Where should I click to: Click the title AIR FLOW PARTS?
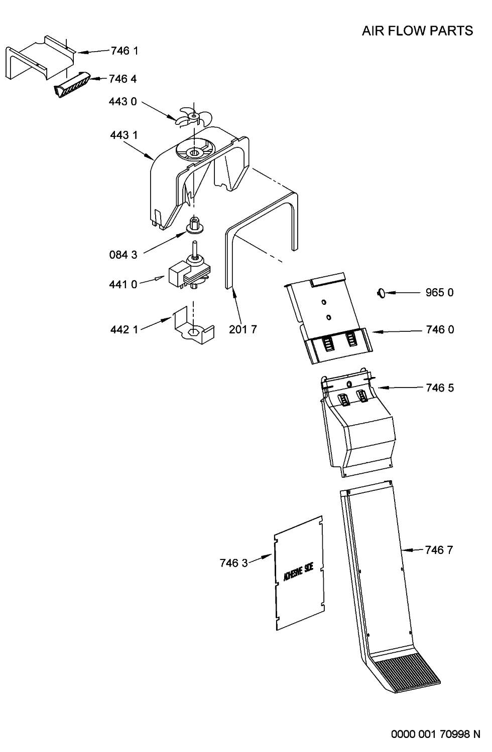click(x=417, y=31)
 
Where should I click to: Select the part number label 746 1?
click(x=125, y=51)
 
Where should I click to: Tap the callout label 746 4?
click(x=122, y=79)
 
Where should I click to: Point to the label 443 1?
click(x=124, y=135)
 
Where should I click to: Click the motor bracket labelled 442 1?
click(x=193, y=326)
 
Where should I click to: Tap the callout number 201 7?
click(x=243, y=330)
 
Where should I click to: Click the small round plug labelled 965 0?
click(x=382, y=293)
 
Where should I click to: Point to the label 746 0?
click(x=440, y=330)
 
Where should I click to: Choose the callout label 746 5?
click(x=440, y=388)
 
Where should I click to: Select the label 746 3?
click(x=233, y=563)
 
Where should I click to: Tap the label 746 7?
click(x=439, y=550)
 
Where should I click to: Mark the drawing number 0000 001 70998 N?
click(x=435, y=734)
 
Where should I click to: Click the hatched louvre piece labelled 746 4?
click(x=72, y=85)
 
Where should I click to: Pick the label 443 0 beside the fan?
click(x=122, y=102)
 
